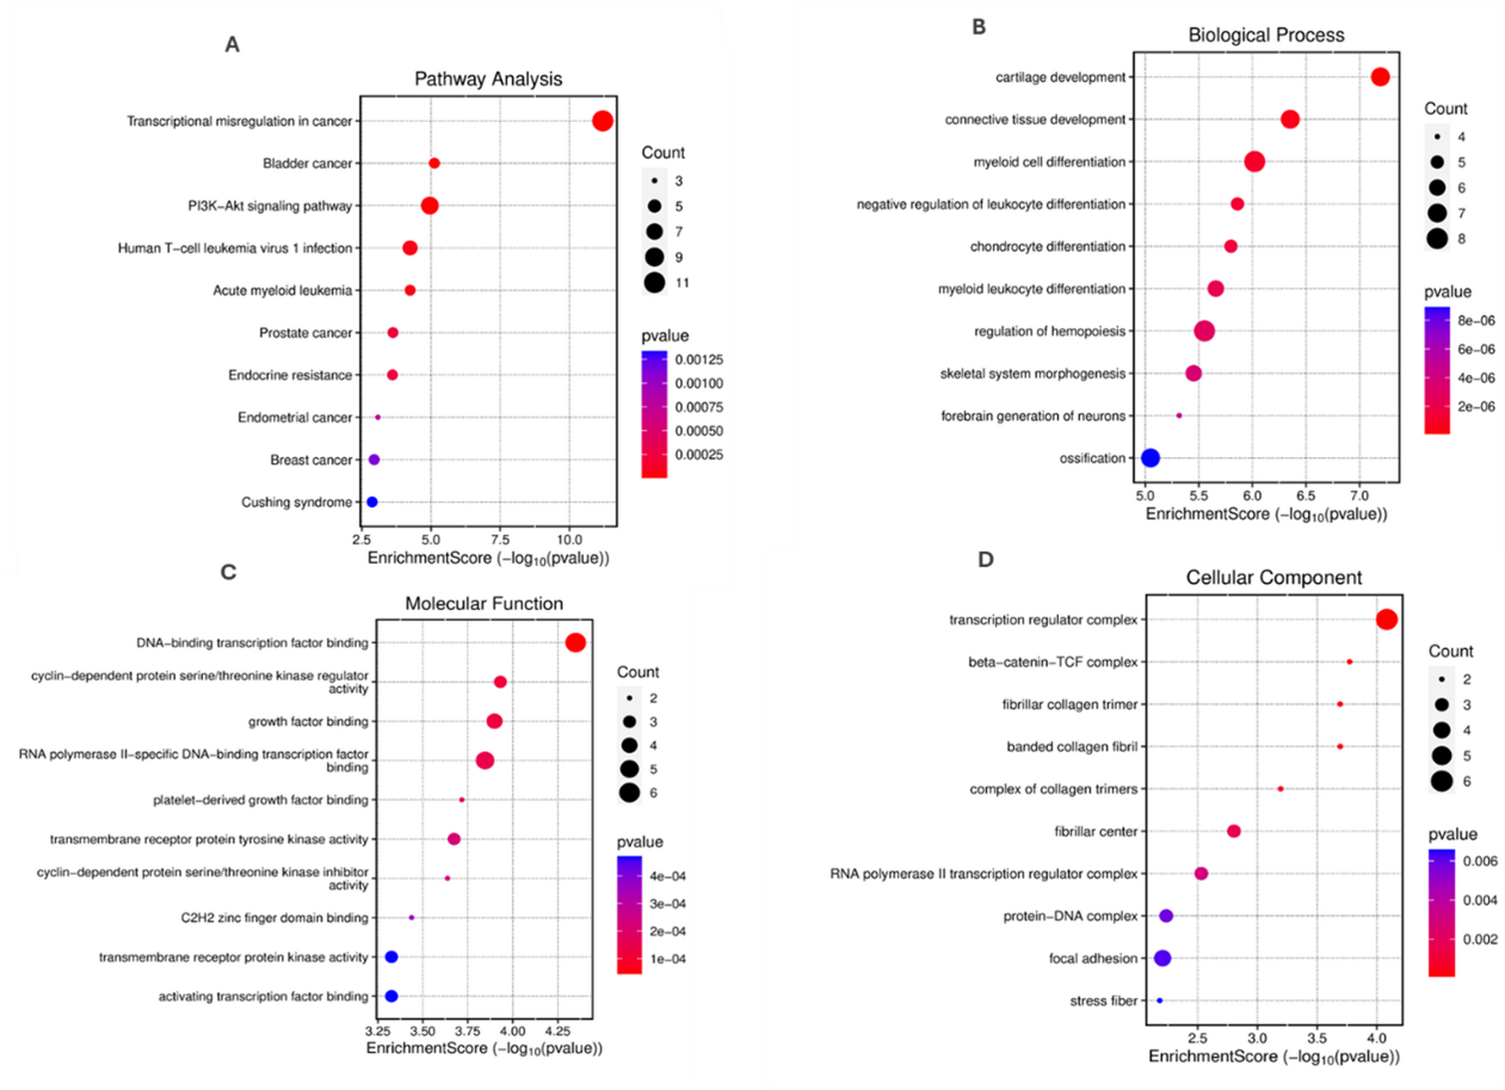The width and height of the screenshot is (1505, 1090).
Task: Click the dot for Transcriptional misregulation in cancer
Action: pyautogui.click(x=602, y=121)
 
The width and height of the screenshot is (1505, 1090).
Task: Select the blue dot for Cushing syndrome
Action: pyautogui.click(x=372, y=502)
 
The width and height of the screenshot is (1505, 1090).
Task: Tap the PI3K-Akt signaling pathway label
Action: pyautogui.click(x=269, y=206)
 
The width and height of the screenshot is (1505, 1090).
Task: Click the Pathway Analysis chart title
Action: pyautogui.click(x=488, y=79)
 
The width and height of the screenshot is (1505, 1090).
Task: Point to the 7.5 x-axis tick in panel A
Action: pyautogui.click(x=500, y=539)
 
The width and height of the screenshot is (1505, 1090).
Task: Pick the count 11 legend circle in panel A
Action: pyautogui.click(x=654, y=283)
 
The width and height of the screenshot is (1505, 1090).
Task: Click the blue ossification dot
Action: pyautogui.click(x=1151, y=458)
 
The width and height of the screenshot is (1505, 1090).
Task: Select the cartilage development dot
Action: pyautogui.click(x=1380, y=77)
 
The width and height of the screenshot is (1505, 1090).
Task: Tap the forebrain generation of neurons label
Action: pyautogui.click(x=1032, y=416)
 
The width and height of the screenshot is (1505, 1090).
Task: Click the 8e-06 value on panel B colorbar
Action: pyautogui.click(x=1476, y=321)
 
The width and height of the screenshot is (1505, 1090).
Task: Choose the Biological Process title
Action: pyautogui.click(x=1265, y=35)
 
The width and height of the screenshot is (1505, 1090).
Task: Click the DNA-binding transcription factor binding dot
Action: pyautogui.click(x=575, y=643)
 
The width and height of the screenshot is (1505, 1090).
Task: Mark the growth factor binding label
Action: pyautogui.click(x=308, y=721)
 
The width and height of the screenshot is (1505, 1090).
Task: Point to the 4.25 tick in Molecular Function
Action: pyautogui.click(x=556, y=1030)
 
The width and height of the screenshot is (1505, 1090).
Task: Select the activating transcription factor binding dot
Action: pyautogui.click(x=391, y=996)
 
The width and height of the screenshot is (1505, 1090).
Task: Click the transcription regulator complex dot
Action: pyautogui.click(x=1386, y=620)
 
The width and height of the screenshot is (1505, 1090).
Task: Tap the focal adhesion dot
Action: pyautogui.click(x=1162, y=959)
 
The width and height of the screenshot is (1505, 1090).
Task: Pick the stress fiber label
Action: pyautogui.click(x=1103, y=1001)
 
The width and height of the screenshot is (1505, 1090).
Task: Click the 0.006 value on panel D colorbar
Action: pyautogui.click(x=1480, y=861)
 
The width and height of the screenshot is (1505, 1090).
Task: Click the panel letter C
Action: pyautogui.click(x=228, y=573)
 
